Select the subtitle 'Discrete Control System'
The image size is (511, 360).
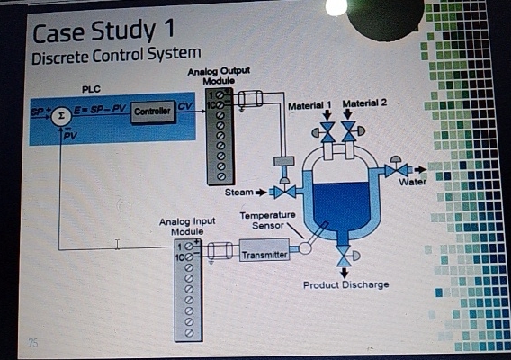point(116,57)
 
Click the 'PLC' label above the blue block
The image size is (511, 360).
point(93,88)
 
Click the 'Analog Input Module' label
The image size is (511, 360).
point(188,225)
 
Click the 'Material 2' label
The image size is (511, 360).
point(364,103)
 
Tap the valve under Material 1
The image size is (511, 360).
point(327,132)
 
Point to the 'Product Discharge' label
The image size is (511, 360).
point(346,284)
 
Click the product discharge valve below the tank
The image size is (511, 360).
point(343,258)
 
